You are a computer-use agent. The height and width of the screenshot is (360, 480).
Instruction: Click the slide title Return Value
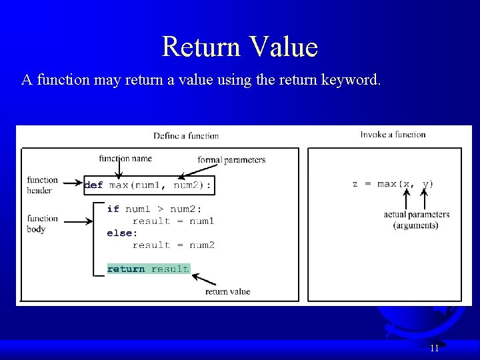(240, 47)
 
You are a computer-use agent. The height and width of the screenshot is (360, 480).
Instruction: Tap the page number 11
(434, 348)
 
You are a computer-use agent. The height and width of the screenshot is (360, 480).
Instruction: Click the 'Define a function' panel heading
(186, 136)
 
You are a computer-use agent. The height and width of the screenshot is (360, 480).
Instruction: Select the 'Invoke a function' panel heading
(393, 135)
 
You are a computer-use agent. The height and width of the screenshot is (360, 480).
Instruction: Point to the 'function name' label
(125, 159)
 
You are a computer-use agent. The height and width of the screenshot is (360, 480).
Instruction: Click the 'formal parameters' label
(231, 160)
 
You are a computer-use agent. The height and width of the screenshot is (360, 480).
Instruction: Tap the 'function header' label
(42, 185)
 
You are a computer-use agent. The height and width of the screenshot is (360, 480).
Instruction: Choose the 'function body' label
(42, 224)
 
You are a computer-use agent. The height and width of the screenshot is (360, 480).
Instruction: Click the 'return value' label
(227, 291)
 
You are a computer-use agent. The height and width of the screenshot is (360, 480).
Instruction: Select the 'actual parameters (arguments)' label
(416, 220)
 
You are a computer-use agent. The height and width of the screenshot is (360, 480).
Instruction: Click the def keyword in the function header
(94, 185)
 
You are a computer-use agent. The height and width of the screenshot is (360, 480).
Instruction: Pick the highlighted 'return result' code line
(148, 269)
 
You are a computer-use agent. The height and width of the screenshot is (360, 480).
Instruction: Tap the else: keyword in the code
(122, 233)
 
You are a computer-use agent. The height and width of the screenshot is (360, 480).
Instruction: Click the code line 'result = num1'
(173, 221)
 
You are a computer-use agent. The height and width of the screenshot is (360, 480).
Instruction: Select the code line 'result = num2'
(173, 245)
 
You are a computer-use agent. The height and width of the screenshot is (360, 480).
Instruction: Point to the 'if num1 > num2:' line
(154, 209)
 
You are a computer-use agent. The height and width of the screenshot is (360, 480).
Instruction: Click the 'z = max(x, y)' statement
(393, 184)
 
